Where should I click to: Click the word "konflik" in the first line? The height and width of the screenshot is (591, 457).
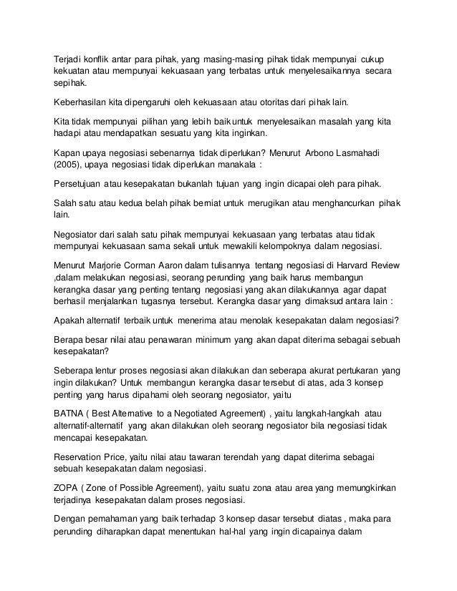point(98,58)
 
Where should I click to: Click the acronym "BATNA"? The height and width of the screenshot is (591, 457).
point(71,413)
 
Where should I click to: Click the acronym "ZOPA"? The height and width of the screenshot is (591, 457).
point(69,488)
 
